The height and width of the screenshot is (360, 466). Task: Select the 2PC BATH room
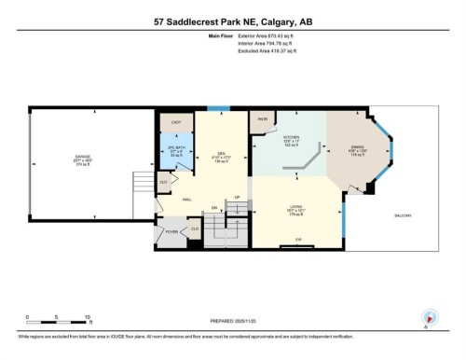click(177, 151)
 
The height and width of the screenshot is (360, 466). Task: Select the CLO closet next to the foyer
click(195, 229)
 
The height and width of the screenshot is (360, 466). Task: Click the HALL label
click(186, 199)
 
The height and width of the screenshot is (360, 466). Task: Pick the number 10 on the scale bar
click(87, 317)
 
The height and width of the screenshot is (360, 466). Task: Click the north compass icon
click(430, 317)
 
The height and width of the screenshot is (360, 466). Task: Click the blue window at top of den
click(218, 109)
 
